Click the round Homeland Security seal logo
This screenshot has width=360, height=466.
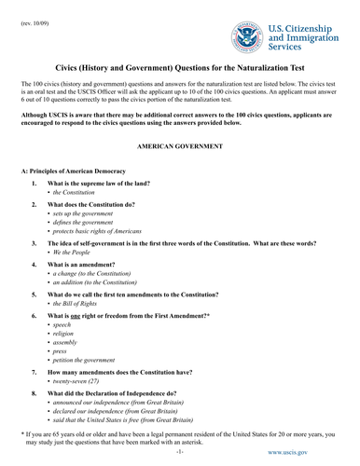tap(244, 37)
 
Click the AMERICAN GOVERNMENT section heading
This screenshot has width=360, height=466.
tap(179, 147)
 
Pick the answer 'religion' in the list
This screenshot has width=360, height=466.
tap(66, 367)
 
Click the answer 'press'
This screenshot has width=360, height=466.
tap(62, 392)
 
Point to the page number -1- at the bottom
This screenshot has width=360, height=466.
tap(179, 460)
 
